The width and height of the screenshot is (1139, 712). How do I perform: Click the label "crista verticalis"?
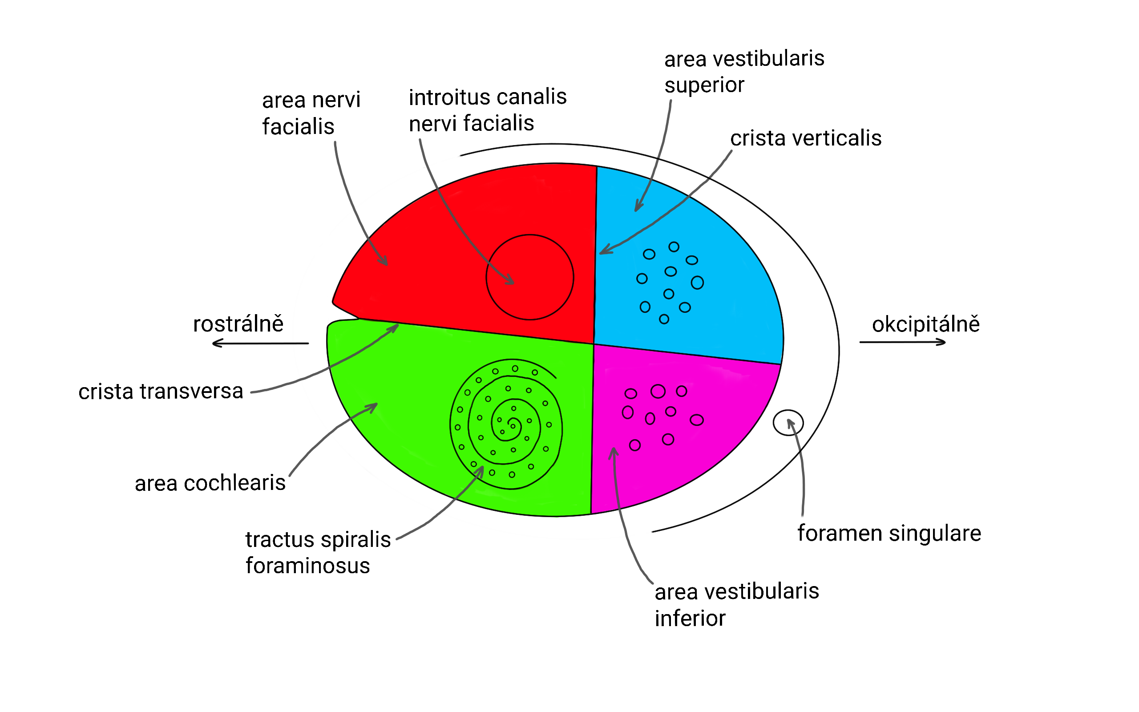point(805,138)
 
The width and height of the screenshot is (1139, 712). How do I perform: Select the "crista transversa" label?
point(161,391)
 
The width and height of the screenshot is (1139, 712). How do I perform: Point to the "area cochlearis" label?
point(210,483)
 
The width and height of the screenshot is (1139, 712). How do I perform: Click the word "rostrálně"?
point(238,324)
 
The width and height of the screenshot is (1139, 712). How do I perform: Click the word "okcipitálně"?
point(926,324)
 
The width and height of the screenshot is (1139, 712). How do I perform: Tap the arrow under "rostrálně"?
point(260,343)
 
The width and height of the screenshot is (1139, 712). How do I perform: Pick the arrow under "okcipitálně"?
point(902,342)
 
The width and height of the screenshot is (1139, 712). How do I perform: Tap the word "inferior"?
point(690,618)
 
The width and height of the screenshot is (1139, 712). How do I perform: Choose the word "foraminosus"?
point(308,565)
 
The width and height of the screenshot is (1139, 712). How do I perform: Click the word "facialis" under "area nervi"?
point(298,126)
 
